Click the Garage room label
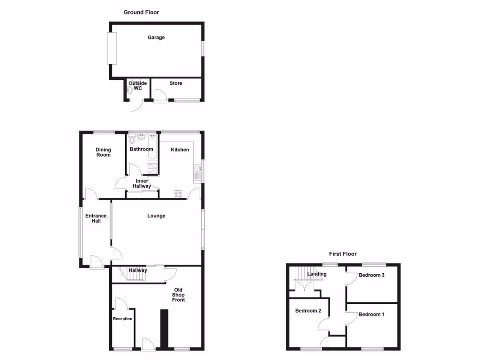pyautogui.click(x=156, y=37)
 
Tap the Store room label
pyautogui.click(x=176, y=83)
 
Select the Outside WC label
pyautogui.click(x=138, y=86)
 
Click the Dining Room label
pyautogui.click(x=103, y=152)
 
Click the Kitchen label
pyautogui.click(x=180, y=150)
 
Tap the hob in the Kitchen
pyautogui.click(x=179, y=194)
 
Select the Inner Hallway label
pyautogui.click(x=142, y=184)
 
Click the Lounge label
pyautogui.click(x=156, y=216)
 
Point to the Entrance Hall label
pyautogui.click(x=96, y=218)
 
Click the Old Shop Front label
pyautogui.click(x=178, y=295)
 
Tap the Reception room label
pyautogui.click(x=123, y=319)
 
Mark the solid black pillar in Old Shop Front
pyautogui.click(x=164, y=328)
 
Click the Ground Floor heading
pyautogui.click(x=141, y=12)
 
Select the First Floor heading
pyautogui.click(x=343, y=254)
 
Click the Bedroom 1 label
pyautogui.click(x=371, y=315)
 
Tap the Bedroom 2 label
pyautogui.click(x=308, y=311)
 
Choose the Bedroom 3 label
pyautogui.click(x=371, y=275)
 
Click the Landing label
pyautogui.click(x=316, y=274)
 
